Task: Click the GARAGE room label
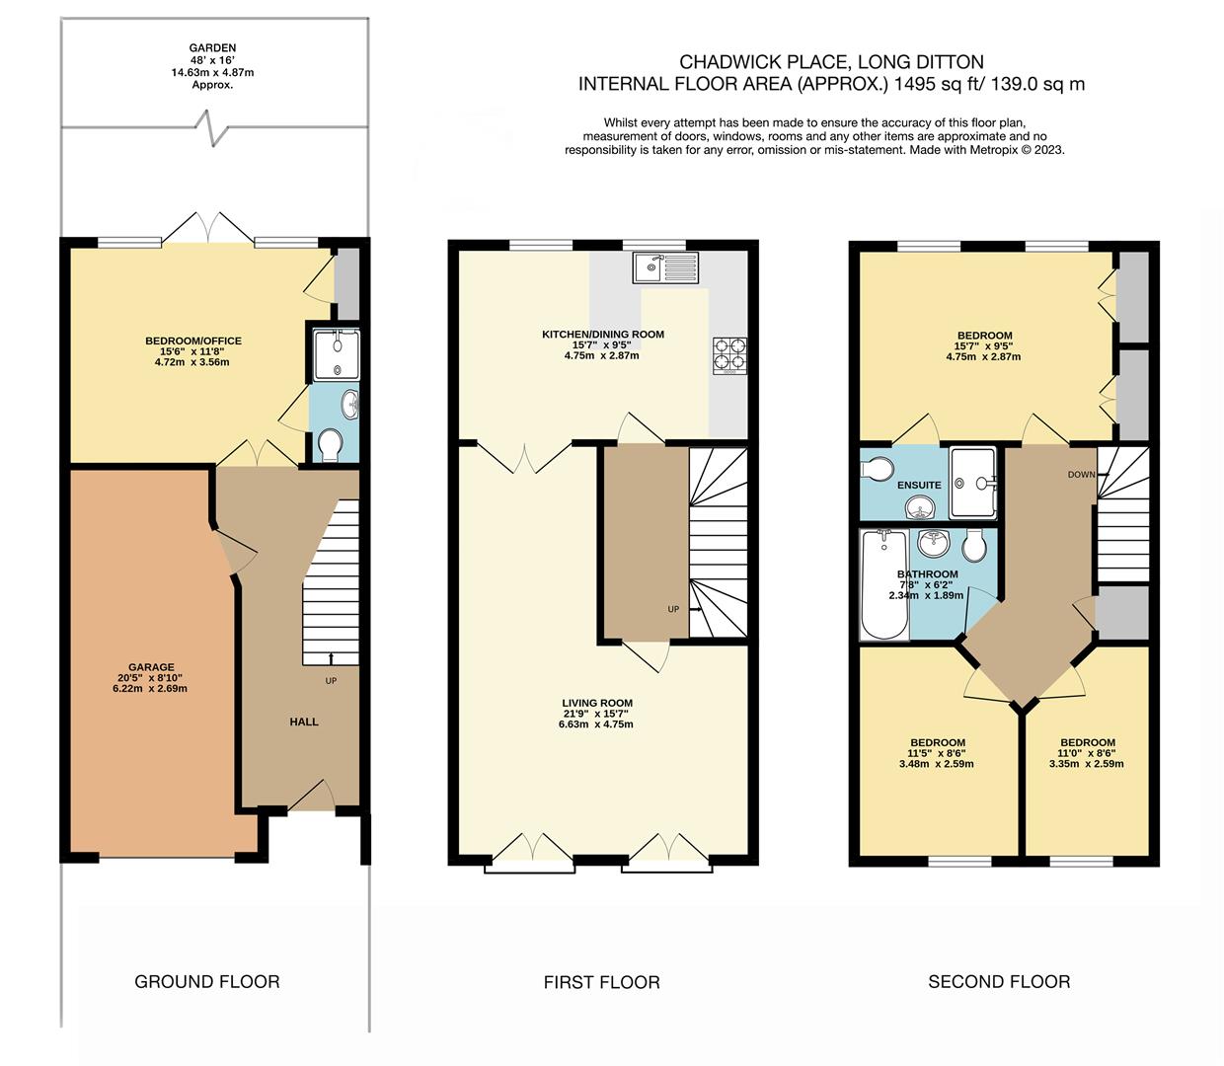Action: (x=151, y=667)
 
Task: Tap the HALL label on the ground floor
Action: (x=304, y=723)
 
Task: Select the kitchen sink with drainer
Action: (x=665, y=266)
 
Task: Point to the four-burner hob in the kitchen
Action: (x=729, y=356)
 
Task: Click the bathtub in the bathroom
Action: (x=883, y=585)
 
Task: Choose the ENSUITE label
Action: (x=919, y=486)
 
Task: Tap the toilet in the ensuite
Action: (x=876, y=469)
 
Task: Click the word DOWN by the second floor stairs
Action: (x=1082, y=475)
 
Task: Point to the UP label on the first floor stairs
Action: (x=673, y=609)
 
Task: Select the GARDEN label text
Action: (x=212, y=47)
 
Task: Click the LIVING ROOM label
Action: (x=597, y=703)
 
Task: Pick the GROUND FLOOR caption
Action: (x=207, y=982)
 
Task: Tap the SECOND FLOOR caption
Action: (x=999, y=982)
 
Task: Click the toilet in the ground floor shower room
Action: (x=330, y=445)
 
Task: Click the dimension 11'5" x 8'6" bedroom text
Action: (x=936, y=753)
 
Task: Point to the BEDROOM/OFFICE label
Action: (x=193, y=341)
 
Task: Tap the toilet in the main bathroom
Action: (x=974, y=546)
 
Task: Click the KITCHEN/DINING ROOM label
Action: (x=603, y=335)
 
